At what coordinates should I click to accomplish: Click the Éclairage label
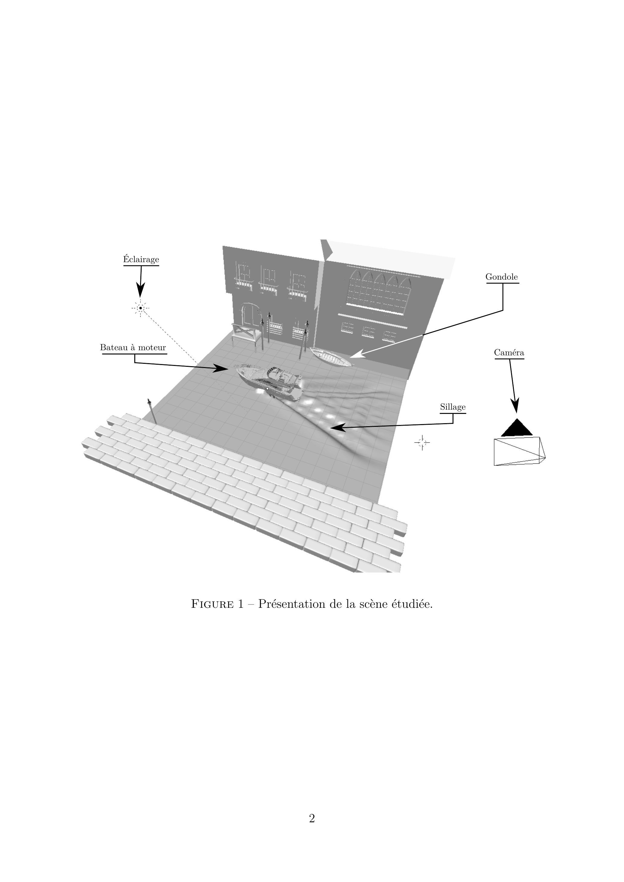tap(141, 259)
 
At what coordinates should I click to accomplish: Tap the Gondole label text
tap(501, 277)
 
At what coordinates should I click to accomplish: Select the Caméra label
tap(509, 352)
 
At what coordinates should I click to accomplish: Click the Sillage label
tap(453, 407)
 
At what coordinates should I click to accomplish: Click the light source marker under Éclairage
tap(141, 308)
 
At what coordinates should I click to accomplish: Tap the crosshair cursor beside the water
tap(422, 443)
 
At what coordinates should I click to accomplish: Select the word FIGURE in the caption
tap(212, 604)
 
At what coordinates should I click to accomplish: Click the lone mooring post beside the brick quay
tap(152, 411)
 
